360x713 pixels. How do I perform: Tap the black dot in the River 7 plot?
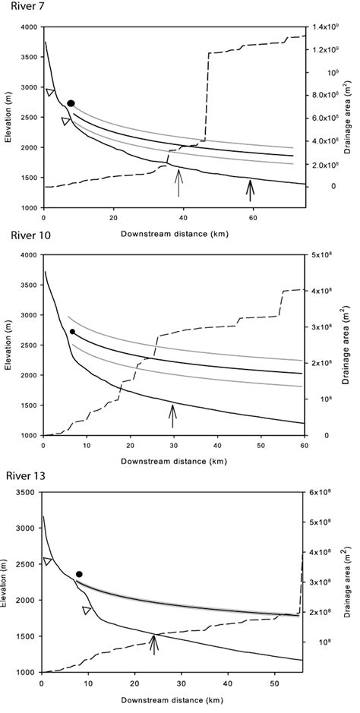[x=71, y=103]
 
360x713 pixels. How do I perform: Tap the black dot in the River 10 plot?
[x=72, y=331]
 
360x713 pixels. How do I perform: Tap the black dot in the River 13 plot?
[x=79, y=574]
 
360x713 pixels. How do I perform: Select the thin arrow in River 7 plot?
[x=178, y=182]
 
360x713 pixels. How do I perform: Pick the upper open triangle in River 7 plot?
[x=50, y=93]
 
